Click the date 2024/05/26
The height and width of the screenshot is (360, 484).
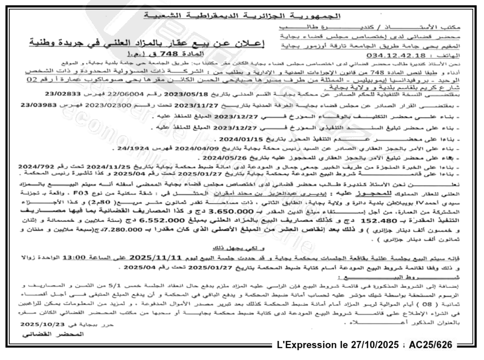(x=223, y=158)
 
